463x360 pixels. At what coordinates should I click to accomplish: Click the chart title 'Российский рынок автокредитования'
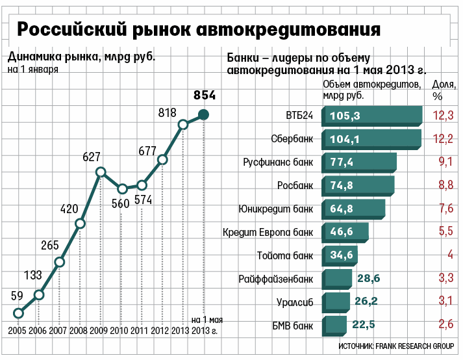198,30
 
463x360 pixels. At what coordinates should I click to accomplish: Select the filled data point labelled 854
203,115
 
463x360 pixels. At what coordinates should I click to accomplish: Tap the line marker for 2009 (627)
101,172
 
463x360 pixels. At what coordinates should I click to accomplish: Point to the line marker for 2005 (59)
18,313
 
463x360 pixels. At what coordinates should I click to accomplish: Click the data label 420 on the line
69,209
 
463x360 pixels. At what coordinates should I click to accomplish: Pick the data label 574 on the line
142,199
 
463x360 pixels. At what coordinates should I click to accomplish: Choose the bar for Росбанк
358,185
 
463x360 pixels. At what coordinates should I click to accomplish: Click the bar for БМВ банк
334,324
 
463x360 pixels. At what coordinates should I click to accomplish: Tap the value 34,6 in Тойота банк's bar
341,255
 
